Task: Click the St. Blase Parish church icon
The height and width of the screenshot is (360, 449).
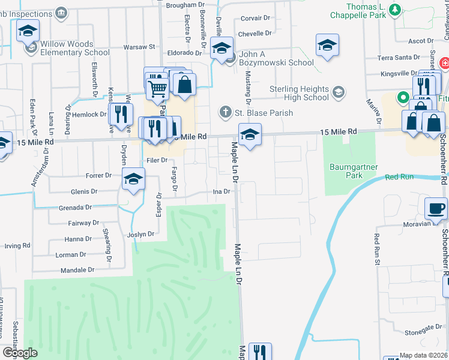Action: tap(225, 112)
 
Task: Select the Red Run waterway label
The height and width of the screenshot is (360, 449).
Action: tap(399, 177)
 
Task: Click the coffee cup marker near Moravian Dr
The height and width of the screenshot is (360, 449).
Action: tap(436, 208)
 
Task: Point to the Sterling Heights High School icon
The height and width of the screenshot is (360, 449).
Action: tap(339, 92)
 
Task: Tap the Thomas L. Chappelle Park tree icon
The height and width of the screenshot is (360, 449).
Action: tap(394, 9)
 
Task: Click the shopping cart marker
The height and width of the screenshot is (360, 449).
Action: tap(157, 89)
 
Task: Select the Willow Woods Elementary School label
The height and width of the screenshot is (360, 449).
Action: tap(75, 48)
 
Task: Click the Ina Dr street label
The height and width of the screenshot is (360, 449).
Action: tap(222, 192)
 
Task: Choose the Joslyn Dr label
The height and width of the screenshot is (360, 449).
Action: tap(140, 235)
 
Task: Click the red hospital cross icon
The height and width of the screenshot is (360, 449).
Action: tap(444, 63)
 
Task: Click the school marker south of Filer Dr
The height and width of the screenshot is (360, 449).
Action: tap(133, 178)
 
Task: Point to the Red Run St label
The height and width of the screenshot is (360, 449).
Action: tap(377, 248)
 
